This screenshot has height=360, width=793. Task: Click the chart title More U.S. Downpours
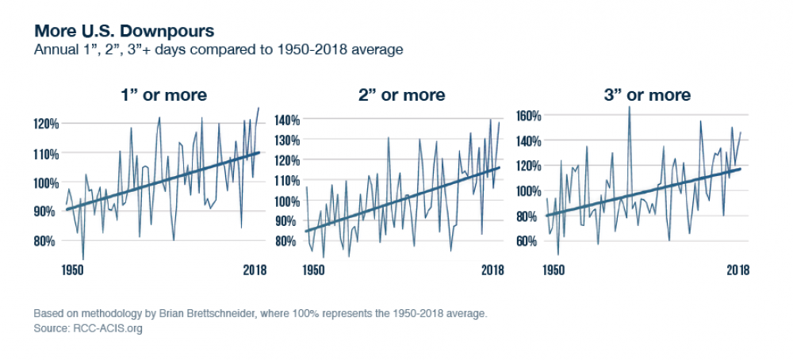tap(123, 31)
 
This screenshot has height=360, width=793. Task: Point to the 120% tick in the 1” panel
tap(47, 124)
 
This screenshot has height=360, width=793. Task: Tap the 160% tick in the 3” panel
tap(527, 116)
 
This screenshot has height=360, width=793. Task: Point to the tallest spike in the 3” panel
tap(630, 107)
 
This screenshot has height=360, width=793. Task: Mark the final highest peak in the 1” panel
tap(258, 108)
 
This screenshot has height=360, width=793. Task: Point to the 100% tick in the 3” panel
tap(527, 191)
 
